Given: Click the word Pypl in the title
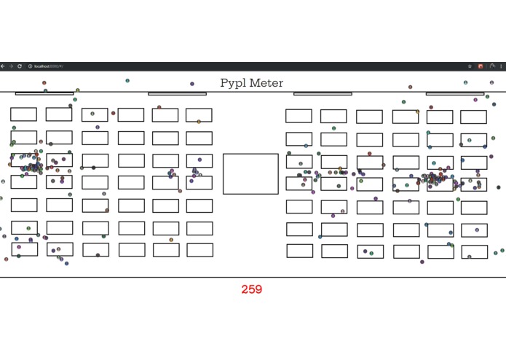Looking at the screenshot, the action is coord(234,83).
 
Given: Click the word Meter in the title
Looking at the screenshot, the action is coord(266,83).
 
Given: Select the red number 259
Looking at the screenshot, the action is coord(251,289).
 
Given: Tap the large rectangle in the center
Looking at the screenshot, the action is coord(250,174).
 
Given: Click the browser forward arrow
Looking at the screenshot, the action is coord(11,66).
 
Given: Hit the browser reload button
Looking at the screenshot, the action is coord(20,66).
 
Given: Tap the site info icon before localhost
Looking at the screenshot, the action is coord(30,66).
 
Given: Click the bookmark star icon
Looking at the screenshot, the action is coord(470,66).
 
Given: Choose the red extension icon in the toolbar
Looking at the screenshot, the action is coord(481,66).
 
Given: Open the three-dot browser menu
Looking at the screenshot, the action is coord(501,66).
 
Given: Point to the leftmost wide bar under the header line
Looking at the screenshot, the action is coord(44,93).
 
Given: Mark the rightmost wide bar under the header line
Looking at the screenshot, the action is coord(454,93).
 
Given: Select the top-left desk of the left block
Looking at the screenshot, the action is coord(23,114).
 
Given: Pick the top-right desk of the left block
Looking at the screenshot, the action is coord(199,115).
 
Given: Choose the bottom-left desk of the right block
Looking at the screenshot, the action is coord(299,251).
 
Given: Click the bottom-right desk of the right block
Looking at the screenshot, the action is coord(473,252).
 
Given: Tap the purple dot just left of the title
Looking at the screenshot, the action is coord(192,84).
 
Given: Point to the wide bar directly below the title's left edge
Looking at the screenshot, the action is coord(177,93).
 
